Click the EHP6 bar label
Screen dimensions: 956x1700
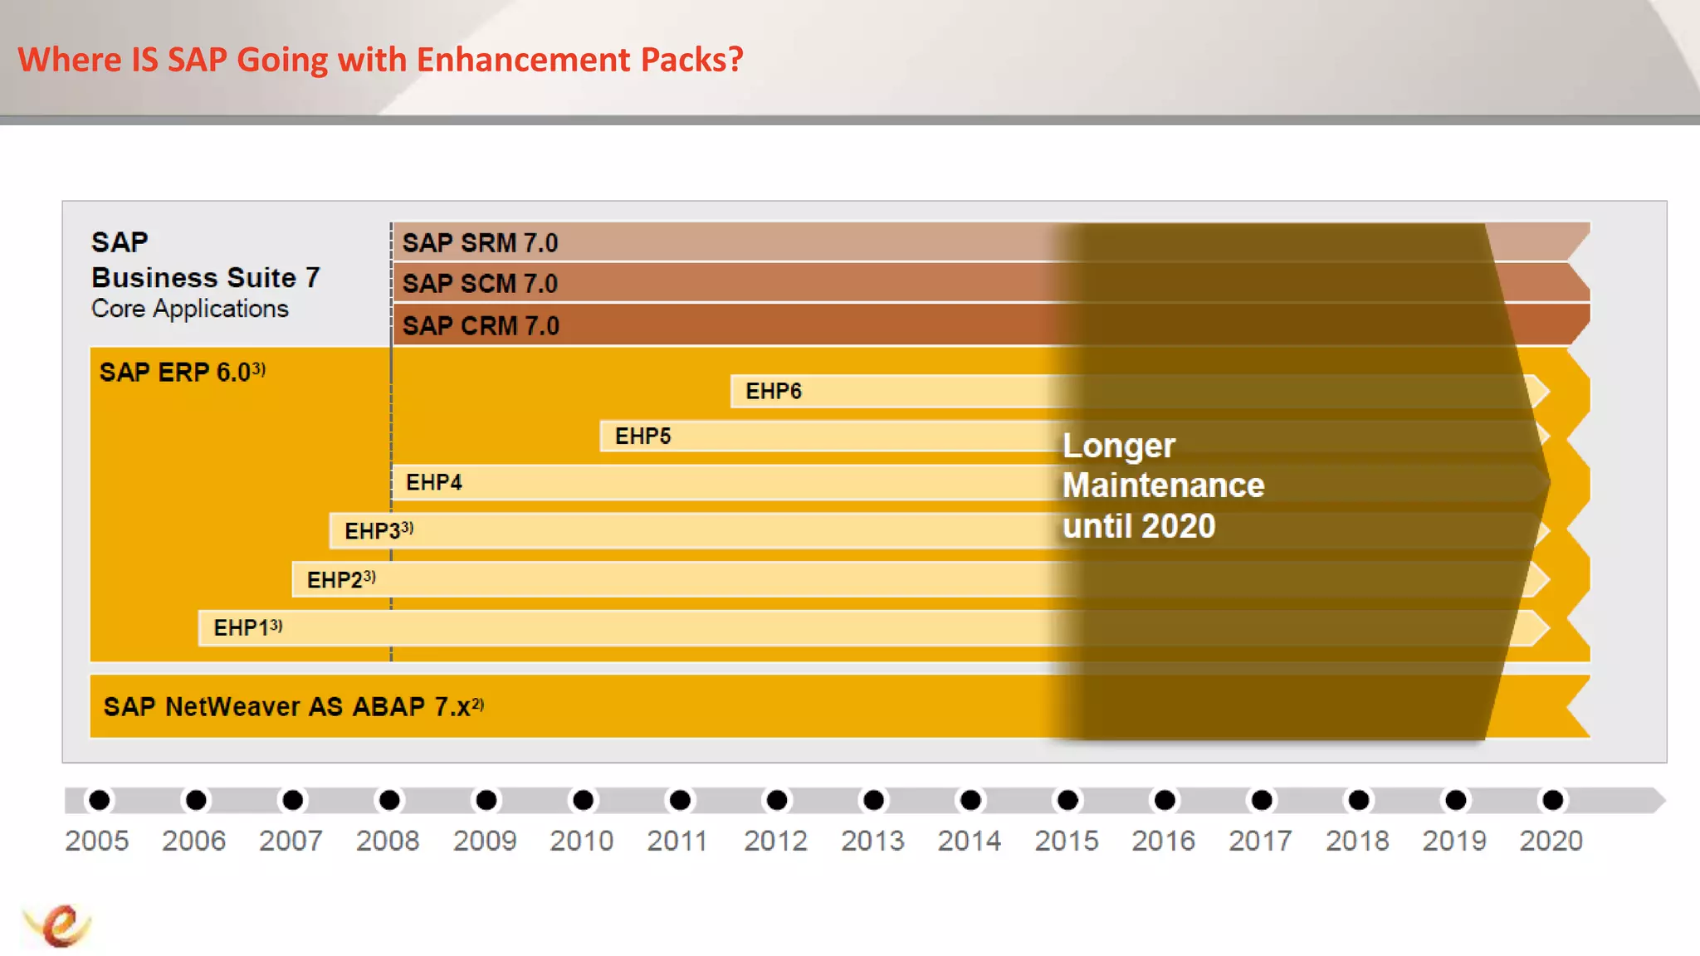coord(773,391)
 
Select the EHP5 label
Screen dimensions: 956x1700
coord(642,436)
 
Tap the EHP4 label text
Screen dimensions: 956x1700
coord(433,482)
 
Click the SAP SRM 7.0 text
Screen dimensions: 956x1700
coord(480,243)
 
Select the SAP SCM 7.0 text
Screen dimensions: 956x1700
coord(480,284)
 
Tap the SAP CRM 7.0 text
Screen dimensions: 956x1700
coord(481,326)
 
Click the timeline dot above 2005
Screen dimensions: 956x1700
coord(100,800)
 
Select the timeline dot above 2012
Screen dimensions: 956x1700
coord(777,800)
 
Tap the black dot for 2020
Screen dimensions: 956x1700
coord(1552,800)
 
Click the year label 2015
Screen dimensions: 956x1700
coord(1066,841)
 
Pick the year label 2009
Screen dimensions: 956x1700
coord(485,841)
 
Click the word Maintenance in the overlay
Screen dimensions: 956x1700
coord(1163,485)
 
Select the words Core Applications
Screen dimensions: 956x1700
coord(190,309)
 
